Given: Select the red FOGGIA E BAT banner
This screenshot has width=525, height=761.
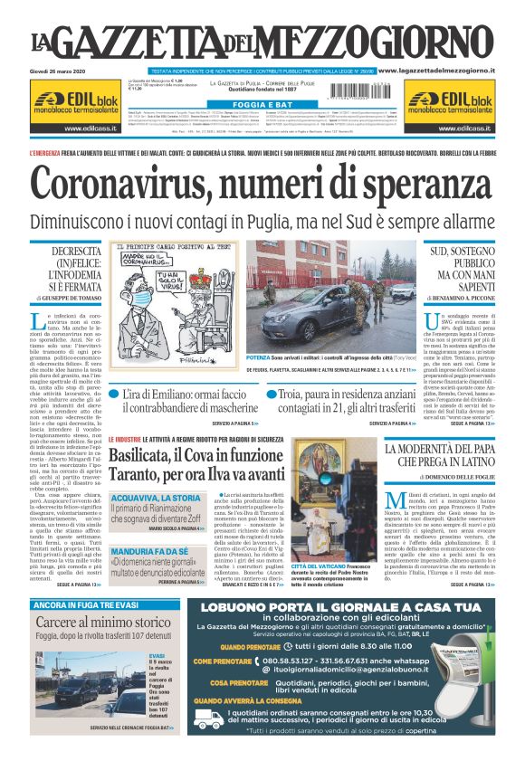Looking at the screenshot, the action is click(262, 104).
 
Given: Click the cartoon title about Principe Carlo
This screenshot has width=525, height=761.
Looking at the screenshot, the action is click(167, 245).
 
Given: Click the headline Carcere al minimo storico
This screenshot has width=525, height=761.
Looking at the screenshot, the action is click(102, 622).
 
